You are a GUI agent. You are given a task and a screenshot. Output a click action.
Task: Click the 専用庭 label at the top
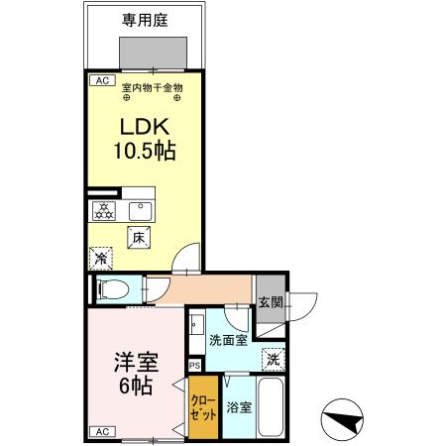click(145, 19)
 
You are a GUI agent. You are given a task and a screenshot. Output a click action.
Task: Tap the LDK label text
click(145, 128)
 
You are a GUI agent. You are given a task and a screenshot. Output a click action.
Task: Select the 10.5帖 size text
click(145, 153)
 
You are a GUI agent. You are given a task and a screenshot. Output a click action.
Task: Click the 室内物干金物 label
click(152, 88)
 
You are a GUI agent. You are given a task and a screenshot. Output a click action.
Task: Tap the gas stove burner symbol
click(104, 210)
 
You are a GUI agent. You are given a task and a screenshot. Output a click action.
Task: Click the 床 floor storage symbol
click(140, 237)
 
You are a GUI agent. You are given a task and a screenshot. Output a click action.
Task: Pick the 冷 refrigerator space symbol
click(100, 258)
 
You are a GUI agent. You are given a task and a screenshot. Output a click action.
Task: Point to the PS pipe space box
click(194, 366)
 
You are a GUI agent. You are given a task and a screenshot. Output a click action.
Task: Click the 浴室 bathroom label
click(238, 406)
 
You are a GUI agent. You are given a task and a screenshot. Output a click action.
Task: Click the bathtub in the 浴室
click(274, 407)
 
